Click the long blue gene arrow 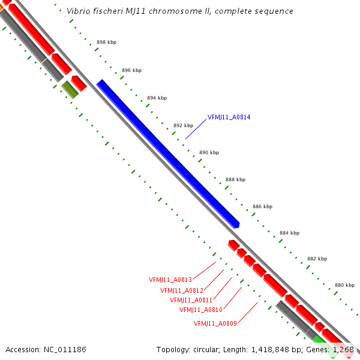click(168, 153)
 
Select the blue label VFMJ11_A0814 click(229, 117)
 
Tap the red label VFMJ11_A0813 click(170, 280)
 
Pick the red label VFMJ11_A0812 click(182, 290)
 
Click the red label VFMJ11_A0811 click(191, 300)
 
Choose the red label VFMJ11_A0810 click(201, 310)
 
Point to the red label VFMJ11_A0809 click(215, 324)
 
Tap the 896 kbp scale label click(131, 70)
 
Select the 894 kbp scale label click(157, 98)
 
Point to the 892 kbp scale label click(183, 125)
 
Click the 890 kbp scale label click(209, 152)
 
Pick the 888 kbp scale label click(235, 179)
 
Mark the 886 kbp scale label click(262, 206)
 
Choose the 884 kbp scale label click(289, 233)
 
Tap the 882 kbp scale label click(317, 259)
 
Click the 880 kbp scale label click(344, 285)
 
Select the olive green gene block click(70, 90)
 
